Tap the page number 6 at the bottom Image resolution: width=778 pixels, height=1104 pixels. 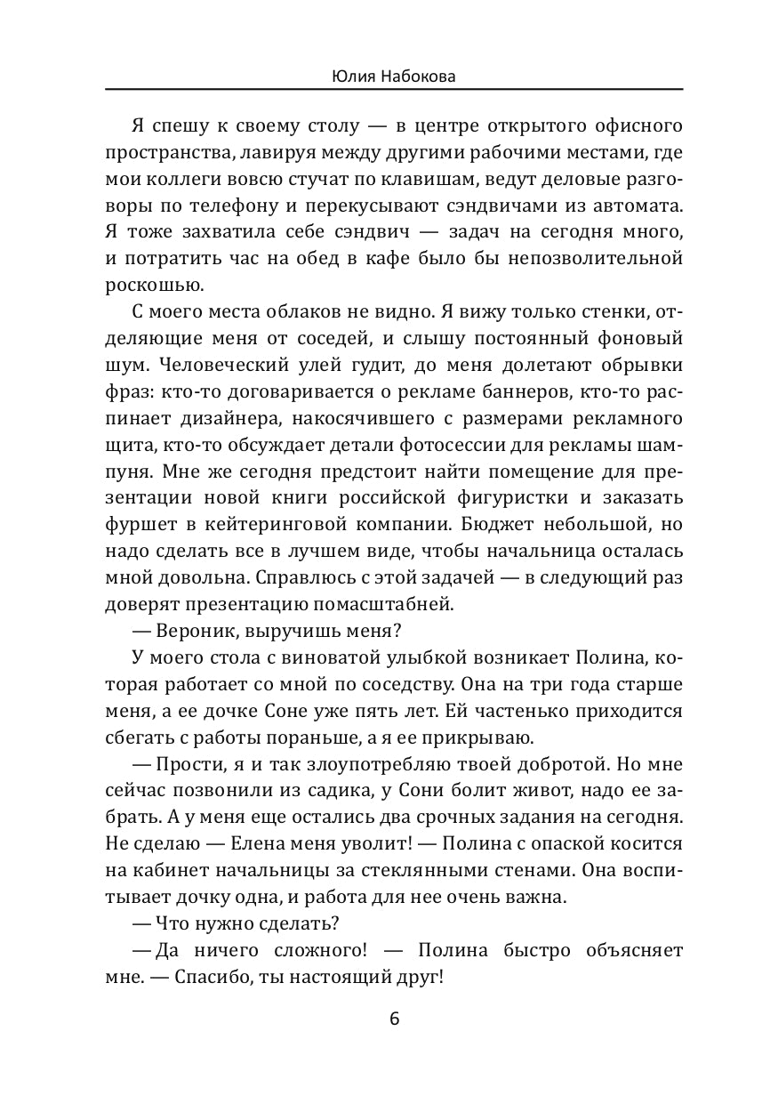(394, 1019)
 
